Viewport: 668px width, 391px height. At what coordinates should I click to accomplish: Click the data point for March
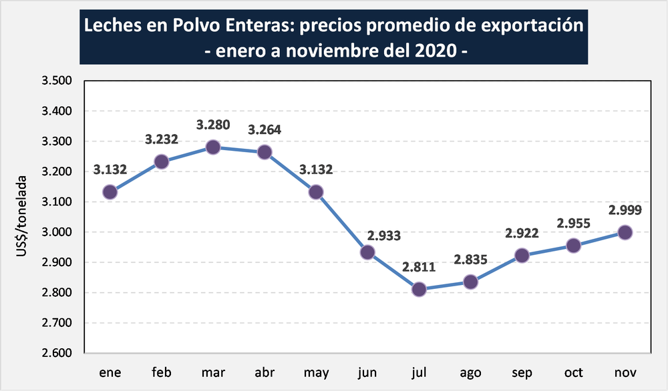[x=213, y=147]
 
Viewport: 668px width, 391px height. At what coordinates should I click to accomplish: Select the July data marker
[x=419, y=290]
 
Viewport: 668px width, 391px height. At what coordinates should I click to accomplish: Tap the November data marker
[x=625, y=232]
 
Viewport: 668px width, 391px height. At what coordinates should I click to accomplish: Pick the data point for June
[x=367, y=252]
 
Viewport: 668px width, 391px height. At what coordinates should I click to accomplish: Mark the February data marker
[x=162, y=161]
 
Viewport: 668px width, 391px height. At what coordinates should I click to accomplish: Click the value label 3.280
[x=213, y=125]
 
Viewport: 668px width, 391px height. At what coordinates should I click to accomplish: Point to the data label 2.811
[x=419, y=268]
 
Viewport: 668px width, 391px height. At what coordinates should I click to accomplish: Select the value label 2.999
[x=625, y=210]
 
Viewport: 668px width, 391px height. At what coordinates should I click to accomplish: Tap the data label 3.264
[x=265, y=129]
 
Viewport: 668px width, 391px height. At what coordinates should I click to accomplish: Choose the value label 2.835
[x=470, y=260]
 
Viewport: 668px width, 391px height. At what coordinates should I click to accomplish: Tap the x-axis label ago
[x=470, y=372]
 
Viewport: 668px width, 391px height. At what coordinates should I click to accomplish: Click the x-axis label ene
[x=110, y=372]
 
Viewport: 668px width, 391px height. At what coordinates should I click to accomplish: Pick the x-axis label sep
[x=522, y=372]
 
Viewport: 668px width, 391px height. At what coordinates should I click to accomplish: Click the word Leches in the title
[x=108, y=27]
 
